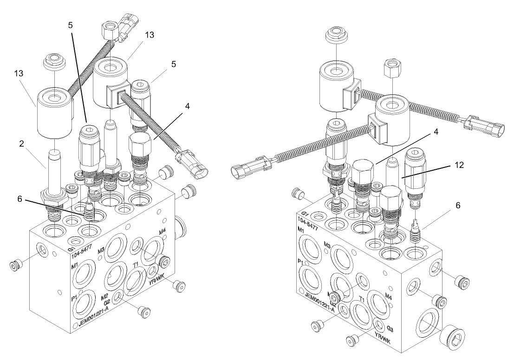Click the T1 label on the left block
[x=136, y=264]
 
